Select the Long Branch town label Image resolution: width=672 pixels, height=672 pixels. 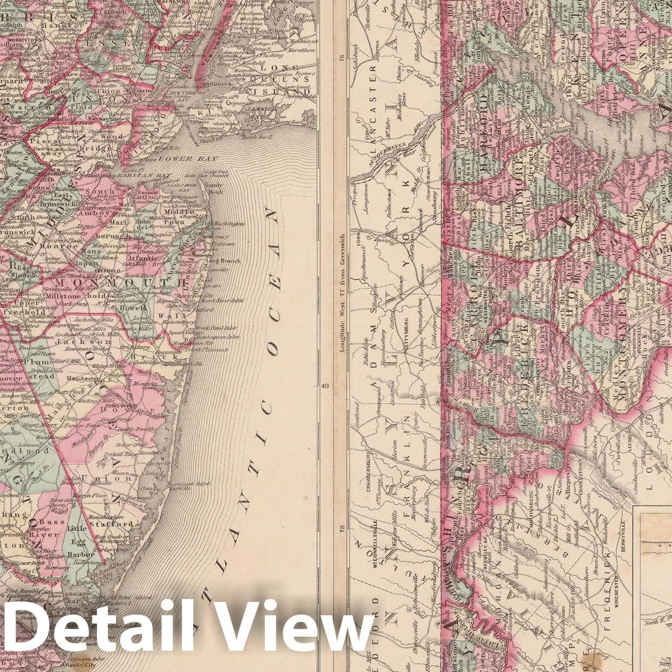[x=216, y=261]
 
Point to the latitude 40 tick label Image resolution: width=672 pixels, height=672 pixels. [x=324, y=386]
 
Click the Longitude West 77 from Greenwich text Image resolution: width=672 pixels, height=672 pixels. [x=342, y=293]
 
